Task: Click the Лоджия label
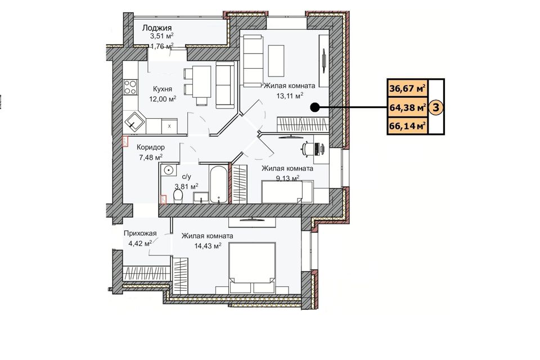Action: coord(157,28)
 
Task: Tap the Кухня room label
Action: coord(162,89)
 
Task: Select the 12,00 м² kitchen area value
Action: coord(163,99)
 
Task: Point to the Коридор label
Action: coord(151,147)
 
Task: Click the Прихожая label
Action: coord(140,233)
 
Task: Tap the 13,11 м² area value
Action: coord(290,96)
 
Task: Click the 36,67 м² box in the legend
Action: coord(407,89)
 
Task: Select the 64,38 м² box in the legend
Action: coord(407,107)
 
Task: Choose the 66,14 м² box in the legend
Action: coord(407,126)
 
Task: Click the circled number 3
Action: coord(436,107)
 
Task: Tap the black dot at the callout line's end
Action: coord(314,107)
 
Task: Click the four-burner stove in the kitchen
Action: coord(130,87)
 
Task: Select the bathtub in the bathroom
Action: coord(219,184)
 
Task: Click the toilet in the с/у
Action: coord(178,197)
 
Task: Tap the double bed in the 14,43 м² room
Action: coord(253,268)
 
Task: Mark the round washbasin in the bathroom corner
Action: coord(168,170)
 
